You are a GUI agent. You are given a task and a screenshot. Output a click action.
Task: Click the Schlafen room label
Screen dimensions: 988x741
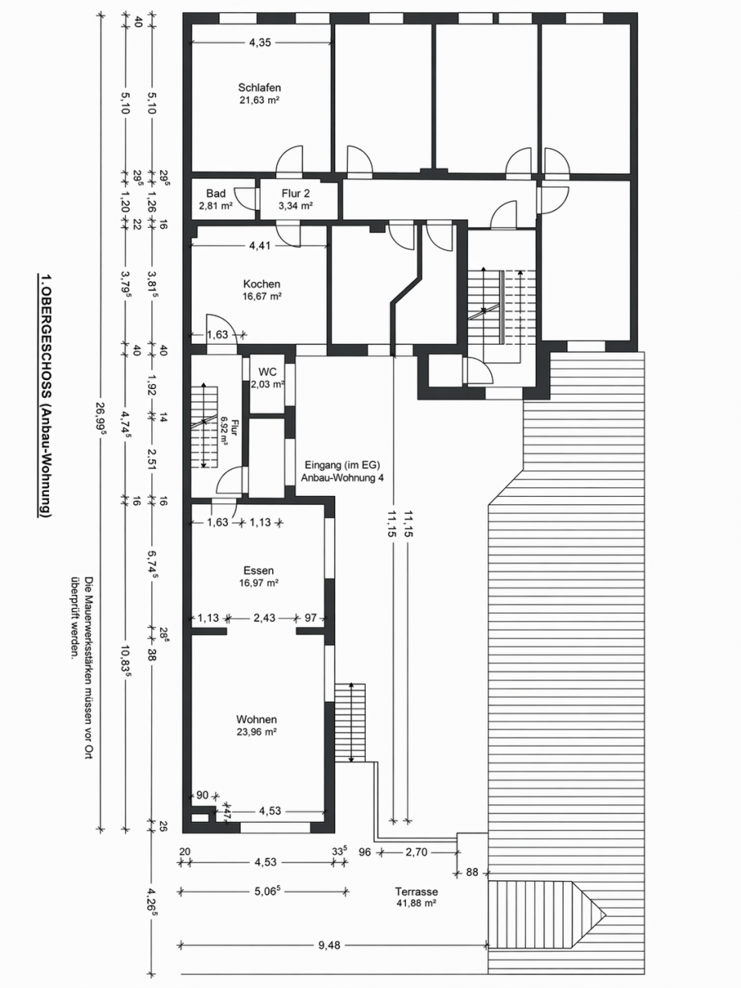click(259, 88)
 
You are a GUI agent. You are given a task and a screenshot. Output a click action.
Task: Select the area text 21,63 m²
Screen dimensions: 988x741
click(259, 101)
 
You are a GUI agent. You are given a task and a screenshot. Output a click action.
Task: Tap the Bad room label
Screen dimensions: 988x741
click(215, 193)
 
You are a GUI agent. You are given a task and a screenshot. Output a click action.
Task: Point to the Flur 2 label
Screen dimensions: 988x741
click(296, 193)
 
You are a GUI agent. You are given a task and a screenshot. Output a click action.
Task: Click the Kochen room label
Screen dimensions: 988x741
click(261, 284)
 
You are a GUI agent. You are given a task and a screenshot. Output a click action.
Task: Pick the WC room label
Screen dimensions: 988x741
click(267, 372)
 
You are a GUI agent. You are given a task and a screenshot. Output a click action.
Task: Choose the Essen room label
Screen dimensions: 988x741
click(258, 571)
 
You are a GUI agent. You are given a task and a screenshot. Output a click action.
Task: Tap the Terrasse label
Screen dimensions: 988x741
click(416, 892)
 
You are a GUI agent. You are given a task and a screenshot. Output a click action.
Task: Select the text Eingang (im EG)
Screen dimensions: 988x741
click(342, 465)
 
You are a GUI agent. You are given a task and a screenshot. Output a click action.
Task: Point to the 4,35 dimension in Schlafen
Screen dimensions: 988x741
click(259, 43)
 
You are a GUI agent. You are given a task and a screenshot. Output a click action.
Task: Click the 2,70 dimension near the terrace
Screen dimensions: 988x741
click(416, 851)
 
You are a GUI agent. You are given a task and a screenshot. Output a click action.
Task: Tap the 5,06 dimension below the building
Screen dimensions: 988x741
click(265, 891)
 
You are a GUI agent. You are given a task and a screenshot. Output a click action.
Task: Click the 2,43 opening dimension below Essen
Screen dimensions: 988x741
click(263, 618)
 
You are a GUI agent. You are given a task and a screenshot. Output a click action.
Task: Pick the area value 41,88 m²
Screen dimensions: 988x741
click(416, 903)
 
